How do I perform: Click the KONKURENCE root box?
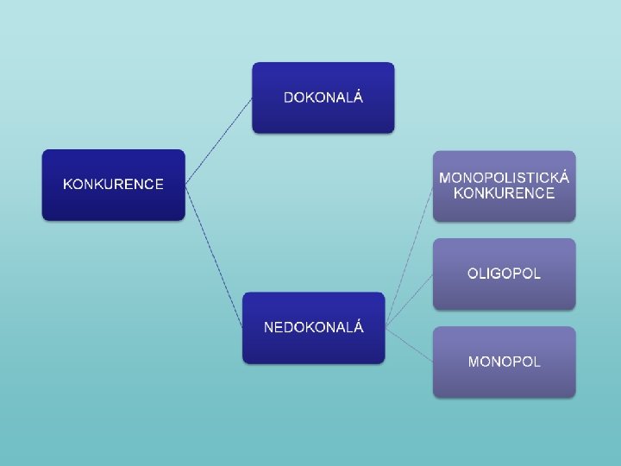tap(113, 204)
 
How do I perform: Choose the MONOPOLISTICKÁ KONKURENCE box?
tap(504, 207)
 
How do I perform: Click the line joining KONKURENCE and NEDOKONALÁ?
tap(214, 255)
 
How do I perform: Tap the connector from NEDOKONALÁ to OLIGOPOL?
tap(409, 300)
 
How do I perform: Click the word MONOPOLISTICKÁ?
tap(504, 178)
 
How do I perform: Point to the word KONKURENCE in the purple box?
tap(504, 193)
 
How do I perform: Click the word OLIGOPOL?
tap(504, 274)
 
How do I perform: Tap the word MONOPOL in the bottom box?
tap(504, 362)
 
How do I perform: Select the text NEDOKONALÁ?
tap(313, 327)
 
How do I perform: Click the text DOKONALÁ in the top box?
tap(323, 97)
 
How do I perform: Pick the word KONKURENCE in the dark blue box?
tap(113, 184)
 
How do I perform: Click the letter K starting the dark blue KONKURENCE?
tap(68, 184)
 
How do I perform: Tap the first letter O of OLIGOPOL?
tap(473, 274)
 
